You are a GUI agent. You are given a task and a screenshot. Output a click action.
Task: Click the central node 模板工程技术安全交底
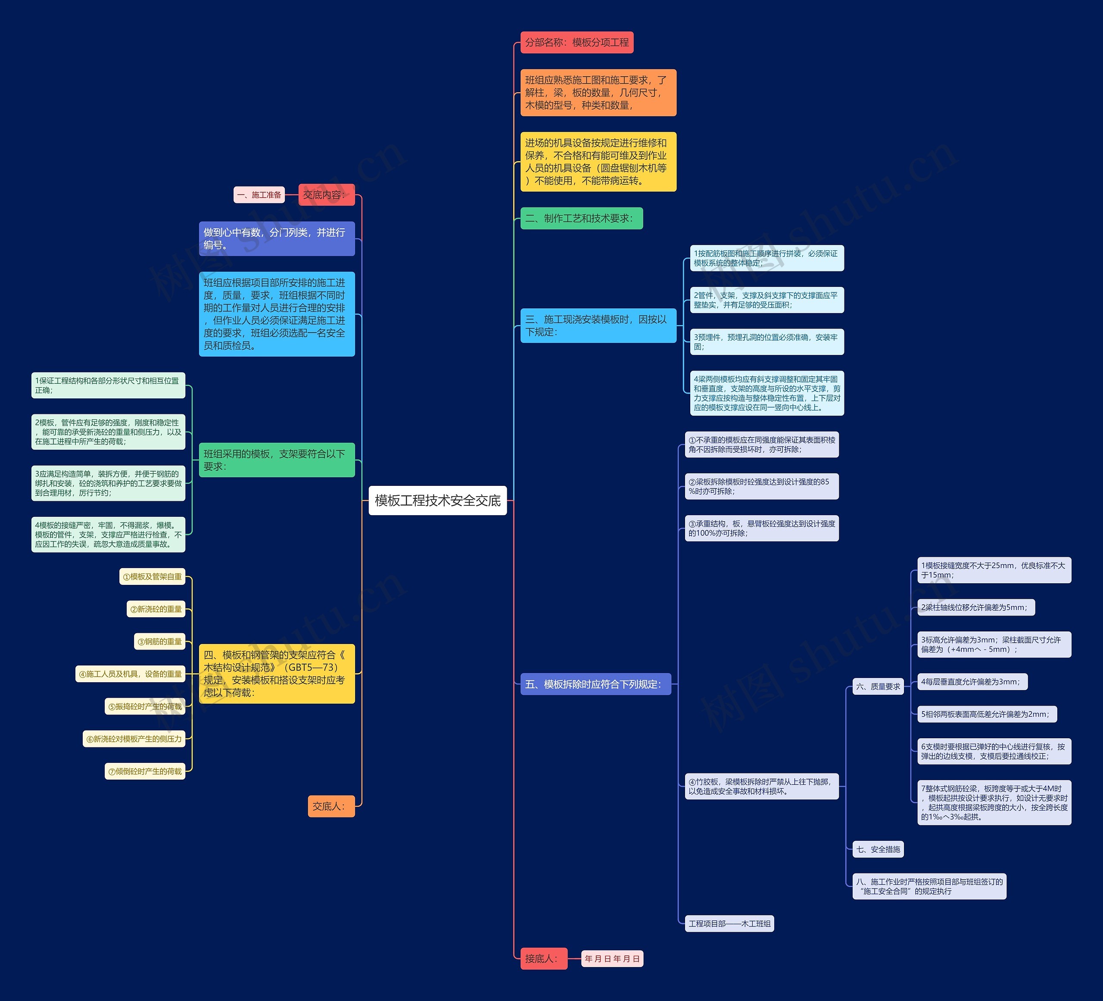(x=438, y=501)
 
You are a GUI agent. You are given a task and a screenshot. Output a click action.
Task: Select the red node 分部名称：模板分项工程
(x=576, y=43)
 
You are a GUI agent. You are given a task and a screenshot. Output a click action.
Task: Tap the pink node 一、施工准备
(x=259, y=195)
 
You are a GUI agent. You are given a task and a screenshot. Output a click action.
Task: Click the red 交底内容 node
(x=326, y=195)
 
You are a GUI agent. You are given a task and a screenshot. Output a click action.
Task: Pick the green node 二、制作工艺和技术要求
(x=581, y=218)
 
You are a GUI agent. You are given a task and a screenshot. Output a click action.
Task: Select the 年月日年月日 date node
(x=612, y=958)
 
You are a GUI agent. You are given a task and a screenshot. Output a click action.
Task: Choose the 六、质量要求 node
(x=878, y=687)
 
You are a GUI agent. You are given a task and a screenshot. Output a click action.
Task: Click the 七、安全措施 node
(x=878, y=849)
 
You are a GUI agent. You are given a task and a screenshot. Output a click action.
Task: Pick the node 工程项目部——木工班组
(x=729, y=924)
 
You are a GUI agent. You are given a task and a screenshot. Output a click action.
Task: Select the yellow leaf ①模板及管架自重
(x=152, y=577)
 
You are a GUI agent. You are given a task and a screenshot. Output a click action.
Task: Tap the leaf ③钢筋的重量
(x=160, y=642)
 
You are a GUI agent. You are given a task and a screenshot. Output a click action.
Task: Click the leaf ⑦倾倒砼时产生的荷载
(x=145, y=771)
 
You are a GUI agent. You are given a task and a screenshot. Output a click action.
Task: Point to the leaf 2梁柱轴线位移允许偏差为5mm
(x=975, y=607)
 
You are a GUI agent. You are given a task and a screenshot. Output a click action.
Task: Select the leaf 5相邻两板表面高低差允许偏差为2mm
(x=987, y=715)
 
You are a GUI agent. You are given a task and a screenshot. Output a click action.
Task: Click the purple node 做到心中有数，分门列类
(x=276, y=239)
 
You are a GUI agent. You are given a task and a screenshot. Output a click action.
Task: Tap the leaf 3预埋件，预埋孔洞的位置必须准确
(x=766, y=342)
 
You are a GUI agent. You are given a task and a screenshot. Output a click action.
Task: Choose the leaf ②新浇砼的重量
(x=156, y=609)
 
